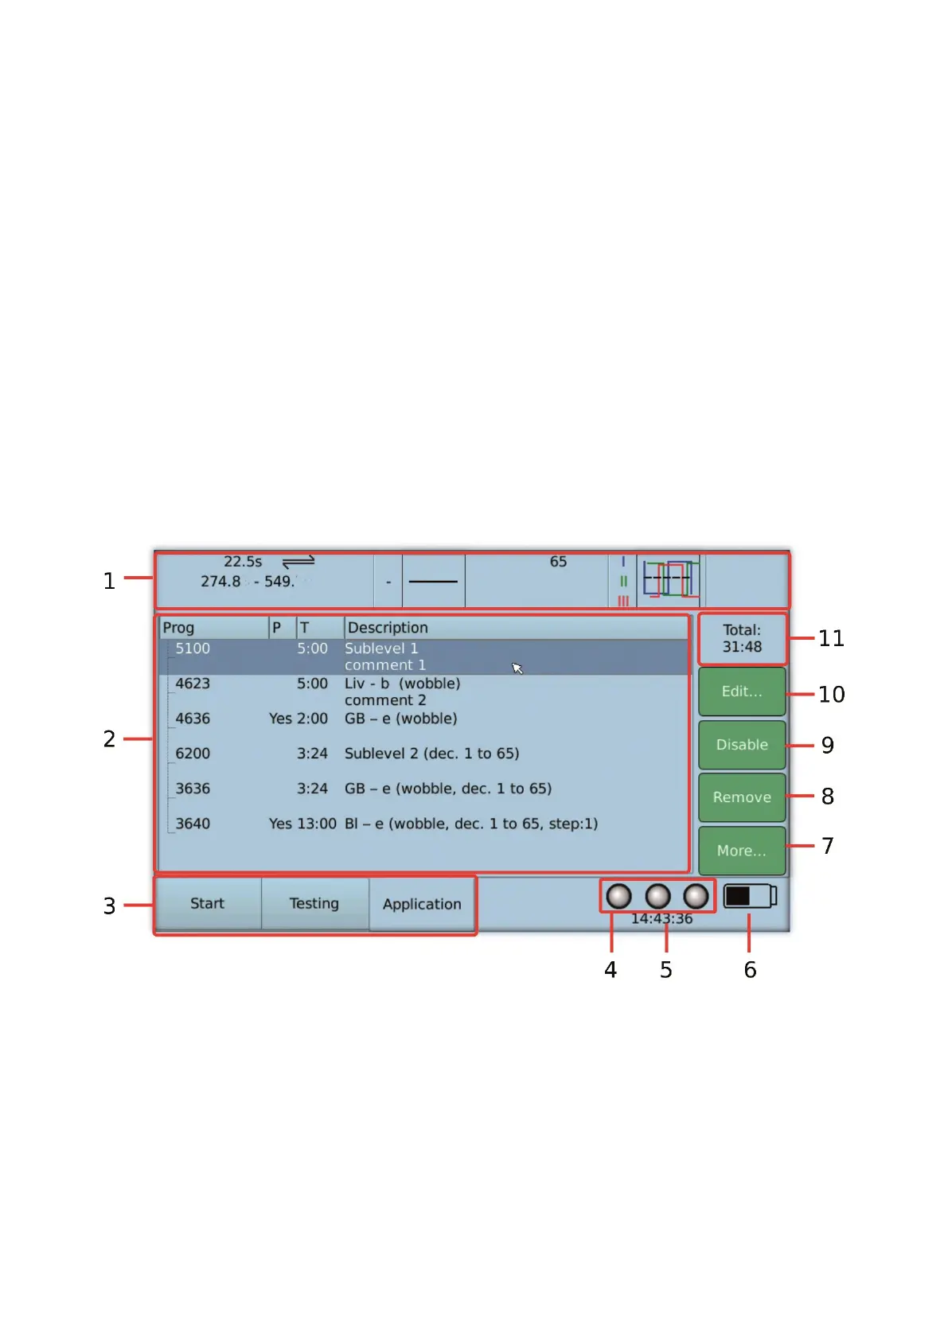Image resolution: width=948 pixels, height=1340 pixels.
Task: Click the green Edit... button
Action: (742, 691)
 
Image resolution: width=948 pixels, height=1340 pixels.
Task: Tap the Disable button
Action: (742, 745)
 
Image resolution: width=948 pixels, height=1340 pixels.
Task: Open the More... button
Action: (742, 851)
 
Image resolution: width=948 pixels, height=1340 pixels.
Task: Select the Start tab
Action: (207, 903)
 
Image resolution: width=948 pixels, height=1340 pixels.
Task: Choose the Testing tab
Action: (314, 903)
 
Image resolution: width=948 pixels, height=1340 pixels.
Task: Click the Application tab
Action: (422, 904)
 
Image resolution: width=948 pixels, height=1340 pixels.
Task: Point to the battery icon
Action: (749, 896)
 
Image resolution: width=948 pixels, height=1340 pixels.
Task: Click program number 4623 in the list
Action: (193, 684)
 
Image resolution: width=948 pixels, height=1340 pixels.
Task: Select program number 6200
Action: (193, 754)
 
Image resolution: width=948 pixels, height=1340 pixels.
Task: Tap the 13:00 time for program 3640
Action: (318, 824)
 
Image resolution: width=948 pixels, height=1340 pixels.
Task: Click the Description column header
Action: (388, 628)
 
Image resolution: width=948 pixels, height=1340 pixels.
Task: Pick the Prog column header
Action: (178, 628)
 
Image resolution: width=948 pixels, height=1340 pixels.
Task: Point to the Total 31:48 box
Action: (742, 638)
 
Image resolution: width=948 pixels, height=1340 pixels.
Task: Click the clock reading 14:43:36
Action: (661, 919)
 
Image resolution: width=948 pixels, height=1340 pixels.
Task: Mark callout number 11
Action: (831, 638)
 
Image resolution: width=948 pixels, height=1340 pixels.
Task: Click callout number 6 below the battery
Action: (750, 969)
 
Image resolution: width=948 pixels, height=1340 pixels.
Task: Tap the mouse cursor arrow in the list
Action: (517, 668)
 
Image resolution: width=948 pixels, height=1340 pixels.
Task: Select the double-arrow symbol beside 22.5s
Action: (298, 562)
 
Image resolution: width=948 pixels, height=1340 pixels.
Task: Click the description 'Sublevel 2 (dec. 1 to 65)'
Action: (431, 754)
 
